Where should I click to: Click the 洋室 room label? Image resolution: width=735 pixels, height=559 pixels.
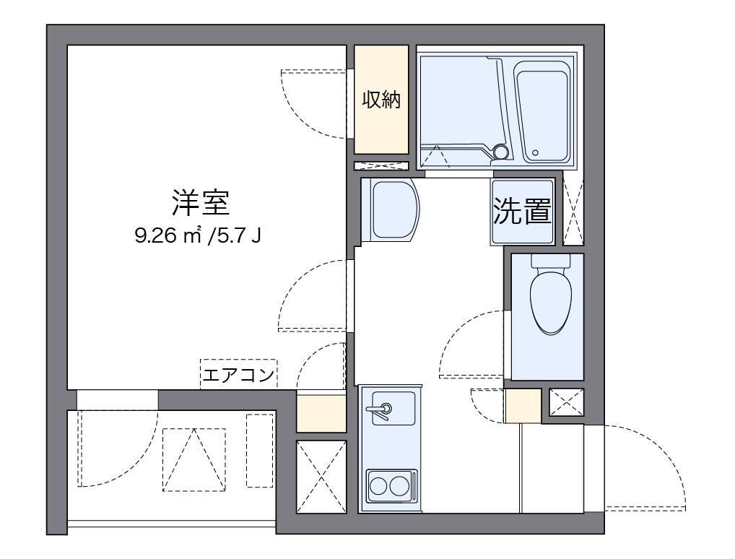(x=200, y=203)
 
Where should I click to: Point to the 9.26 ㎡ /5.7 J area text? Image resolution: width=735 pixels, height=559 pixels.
(x=198, y=236)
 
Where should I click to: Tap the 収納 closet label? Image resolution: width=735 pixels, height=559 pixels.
(x=381, y=100)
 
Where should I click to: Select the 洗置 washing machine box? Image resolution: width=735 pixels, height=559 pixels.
(x=523, y=212)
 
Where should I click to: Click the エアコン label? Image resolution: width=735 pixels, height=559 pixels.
(x=238, y=375)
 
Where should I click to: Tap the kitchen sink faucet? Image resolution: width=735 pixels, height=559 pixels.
(x=380, y=410)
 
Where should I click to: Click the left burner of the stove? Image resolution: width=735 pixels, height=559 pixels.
(x=378, y=486)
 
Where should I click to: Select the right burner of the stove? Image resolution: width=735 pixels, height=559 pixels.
(x=400, y=486)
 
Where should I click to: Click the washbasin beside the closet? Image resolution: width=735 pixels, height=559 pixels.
(x=391, y=209)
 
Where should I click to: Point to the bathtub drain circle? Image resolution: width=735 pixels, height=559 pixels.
(x=535, y=152)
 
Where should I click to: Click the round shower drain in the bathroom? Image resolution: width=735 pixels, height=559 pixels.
(x=500, y=151)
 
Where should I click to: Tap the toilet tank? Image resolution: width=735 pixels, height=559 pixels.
(x=551, y=261)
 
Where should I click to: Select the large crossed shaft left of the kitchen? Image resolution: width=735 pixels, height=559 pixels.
(x=321, y=477)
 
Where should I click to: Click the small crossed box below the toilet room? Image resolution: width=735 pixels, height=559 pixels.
(x=566, y=402)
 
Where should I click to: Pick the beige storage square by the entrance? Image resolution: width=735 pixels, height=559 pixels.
(x=523, y=406)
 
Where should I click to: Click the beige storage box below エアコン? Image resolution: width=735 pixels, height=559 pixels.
(x=321, y=413)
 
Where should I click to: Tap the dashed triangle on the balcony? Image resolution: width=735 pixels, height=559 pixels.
(x=194, y=459)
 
